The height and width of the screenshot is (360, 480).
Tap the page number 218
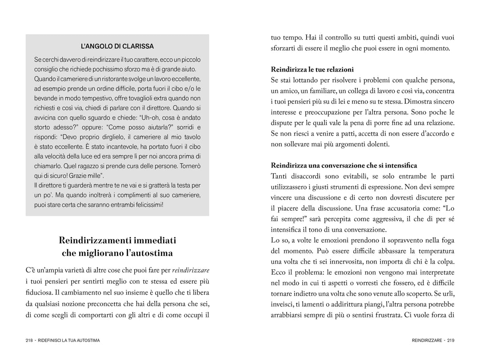[x=30, y=340]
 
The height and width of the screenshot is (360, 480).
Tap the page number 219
[x=451, y=340]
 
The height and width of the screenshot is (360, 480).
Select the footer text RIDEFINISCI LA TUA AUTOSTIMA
[x=69, y=340]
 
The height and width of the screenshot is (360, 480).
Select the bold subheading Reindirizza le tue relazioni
[x=312, y=69]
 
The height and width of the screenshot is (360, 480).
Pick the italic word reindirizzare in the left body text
[x=191, y=270]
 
